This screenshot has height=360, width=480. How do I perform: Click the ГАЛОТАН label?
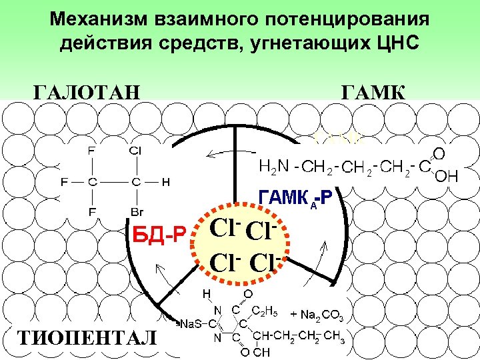tap(87, 90)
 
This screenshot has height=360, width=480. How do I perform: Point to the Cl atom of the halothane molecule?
tap(135, 150)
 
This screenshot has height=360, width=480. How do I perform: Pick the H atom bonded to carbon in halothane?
tap(165, 181)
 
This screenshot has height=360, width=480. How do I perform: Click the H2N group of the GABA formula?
tap(272, 167)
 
